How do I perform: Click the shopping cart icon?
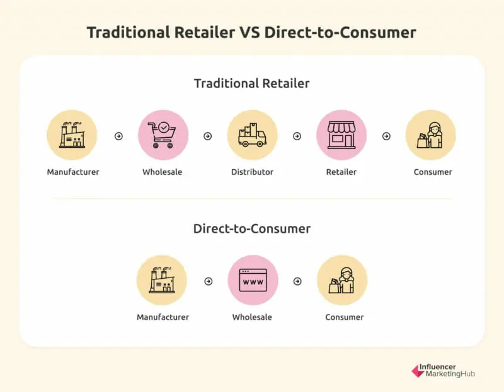pyautogui.click(x=163, y=135)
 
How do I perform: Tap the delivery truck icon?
pyautogui.click(x=253, y=135)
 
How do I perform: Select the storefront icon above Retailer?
pyautogui.click(x=341, y=135)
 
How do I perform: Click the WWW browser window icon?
pyautogui.click(x=253, y=280)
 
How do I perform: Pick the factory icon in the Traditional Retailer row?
pyautogui.click(x=72, y=135)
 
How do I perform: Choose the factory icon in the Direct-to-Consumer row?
pyautogui.click(x=162, y=280)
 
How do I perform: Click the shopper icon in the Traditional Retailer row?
pyautogui.click(x=430, y=135)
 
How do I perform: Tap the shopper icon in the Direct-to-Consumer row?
pyautogui.click(x=341, y=280)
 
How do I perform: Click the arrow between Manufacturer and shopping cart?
pyautogui.click(x=118, y=136)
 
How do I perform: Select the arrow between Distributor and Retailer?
pyautogui.click(x=297, y=136)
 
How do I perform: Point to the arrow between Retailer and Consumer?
pyautogui.click(x=386, y=136)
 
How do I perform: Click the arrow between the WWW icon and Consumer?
pyautogui.click(x=297, y=281)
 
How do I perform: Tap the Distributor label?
pyautogui.click(x=253, y=172)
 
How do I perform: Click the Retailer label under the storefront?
pyautogui.click(x=341, y=172)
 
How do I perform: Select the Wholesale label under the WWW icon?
pyautogui.click(x=252, y=317)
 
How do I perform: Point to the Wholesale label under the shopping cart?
pyautogui.click(x=163, y=172)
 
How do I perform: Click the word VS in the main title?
pyautogui.click(x=249, y=33)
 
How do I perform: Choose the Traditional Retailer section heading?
pyautogui.click(x=252, y=84)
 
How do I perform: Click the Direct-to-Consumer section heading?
pyautogui.click(x=252, y=228)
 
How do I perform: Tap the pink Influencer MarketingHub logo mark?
pyautogui.click(x=418, y=371)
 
